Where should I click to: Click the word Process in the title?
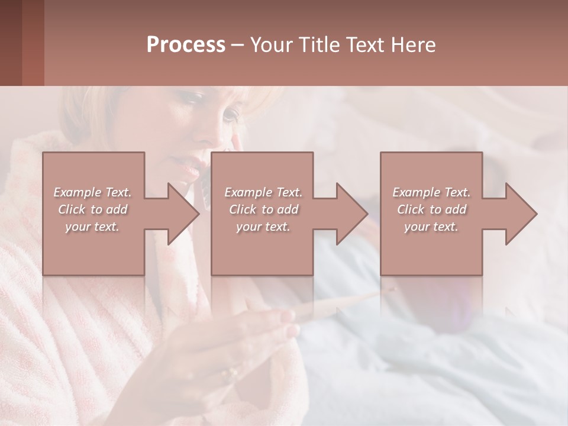[186, 45]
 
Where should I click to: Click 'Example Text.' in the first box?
[93, 192]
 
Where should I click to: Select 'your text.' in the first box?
[93, 227]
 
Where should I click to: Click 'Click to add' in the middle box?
[263, 209]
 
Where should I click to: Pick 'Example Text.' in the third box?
[431, 192]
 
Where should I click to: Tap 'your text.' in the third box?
[431, 227]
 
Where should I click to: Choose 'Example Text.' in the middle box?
[263, 192]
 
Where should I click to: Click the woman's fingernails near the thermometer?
[289, 317]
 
